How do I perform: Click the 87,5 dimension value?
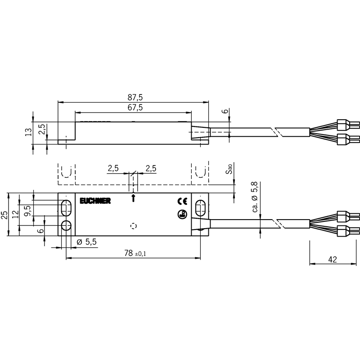click(135, 98)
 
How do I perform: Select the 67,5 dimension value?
click(135, 108)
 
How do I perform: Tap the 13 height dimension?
click(28, 132)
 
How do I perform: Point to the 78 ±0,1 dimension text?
click(135, 253)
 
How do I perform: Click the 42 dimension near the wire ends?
click(333, 260)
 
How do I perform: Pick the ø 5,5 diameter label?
click(86, 242)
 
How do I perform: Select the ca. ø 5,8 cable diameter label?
click(255, 197)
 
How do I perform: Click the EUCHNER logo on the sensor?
click(95, 201)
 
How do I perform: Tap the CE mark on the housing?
click(182, 201)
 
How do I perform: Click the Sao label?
click(229, 169)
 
